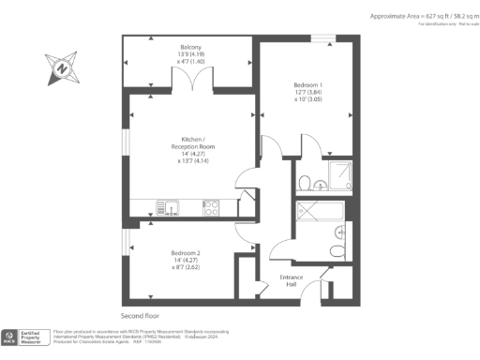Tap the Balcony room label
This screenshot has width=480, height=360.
tap(191, 60)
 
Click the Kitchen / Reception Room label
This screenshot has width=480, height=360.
tap(191, 151)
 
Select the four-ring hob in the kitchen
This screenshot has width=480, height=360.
tap(211, 207)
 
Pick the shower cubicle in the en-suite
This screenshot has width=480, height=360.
tap(340, 175)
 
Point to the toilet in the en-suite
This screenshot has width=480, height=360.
tap(306, 182)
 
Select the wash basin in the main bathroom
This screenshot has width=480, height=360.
tap(346, 228)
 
